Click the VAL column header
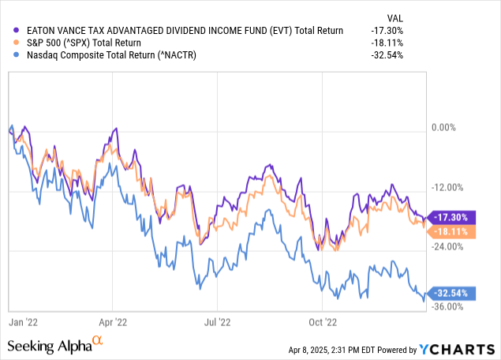pos(458,16)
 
